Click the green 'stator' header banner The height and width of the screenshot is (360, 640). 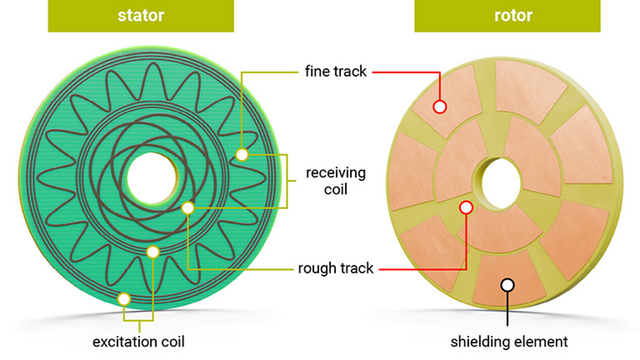click(141, 16)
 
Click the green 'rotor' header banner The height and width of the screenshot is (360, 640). click(507, 16)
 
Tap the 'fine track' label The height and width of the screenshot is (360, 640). click(335, 71)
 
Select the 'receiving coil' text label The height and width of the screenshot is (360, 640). click(336, 181)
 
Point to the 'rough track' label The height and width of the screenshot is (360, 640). click(335, 268)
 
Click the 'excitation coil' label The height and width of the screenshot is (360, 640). click(138, 342)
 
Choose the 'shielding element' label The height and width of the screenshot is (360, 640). click(509, 342)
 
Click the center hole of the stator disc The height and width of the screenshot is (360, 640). click(152, 178)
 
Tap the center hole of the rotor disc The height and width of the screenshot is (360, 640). click(500, 183)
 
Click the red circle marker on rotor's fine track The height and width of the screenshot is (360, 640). click(440, 107)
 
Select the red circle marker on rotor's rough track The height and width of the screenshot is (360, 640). click(466, 208)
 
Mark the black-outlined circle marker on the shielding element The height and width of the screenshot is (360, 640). click(507, 285)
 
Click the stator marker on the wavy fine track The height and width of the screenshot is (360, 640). click(242, 155)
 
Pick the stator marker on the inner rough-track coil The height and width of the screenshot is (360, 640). click(188, 208)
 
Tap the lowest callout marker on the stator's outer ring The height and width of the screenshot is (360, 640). click(124, 299)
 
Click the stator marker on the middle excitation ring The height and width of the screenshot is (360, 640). click(153, 252)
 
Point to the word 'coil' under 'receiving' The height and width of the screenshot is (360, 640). click(336, 189)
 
